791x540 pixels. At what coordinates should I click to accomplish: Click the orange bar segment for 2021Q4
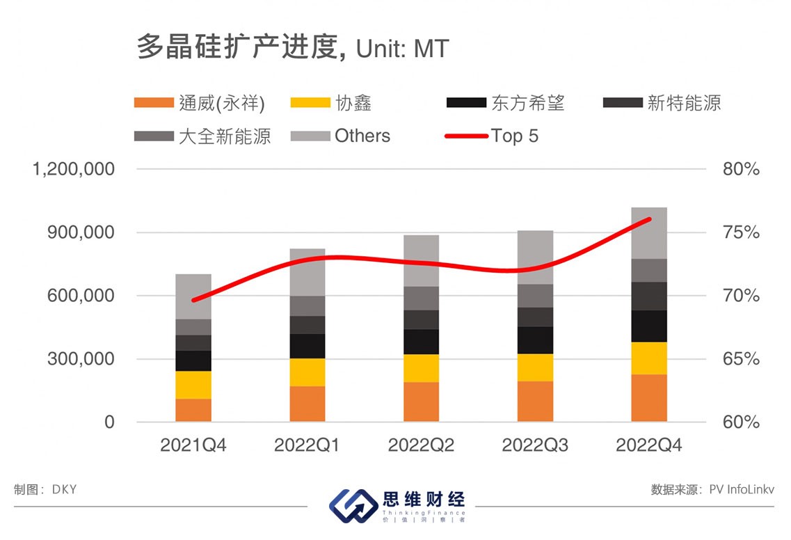[x=193, y=410]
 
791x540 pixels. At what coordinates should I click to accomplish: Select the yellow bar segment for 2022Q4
[x=649, y=358]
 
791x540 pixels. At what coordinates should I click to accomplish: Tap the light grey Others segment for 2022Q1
[x=307, y=272]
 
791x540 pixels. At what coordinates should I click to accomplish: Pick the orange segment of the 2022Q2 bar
[x=421, y=402]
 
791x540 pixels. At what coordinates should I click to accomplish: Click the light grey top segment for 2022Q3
[x=535, y=257]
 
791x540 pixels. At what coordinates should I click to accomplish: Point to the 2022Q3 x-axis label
[x=535, y=445]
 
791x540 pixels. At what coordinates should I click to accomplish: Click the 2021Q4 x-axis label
[x=193, y=445]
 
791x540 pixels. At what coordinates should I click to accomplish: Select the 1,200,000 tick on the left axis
[x=74, y=169]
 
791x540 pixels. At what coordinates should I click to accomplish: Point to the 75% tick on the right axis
[x=740, y=232]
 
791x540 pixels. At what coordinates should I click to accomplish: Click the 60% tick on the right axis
[x=740, y=422]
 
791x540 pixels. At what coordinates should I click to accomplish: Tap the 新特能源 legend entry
[x=661, y=103]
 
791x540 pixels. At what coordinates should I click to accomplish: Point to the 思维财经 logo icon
[x=352, y=505]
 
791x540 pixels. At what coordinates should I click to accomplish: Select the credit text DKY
[x=64, y=489]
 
